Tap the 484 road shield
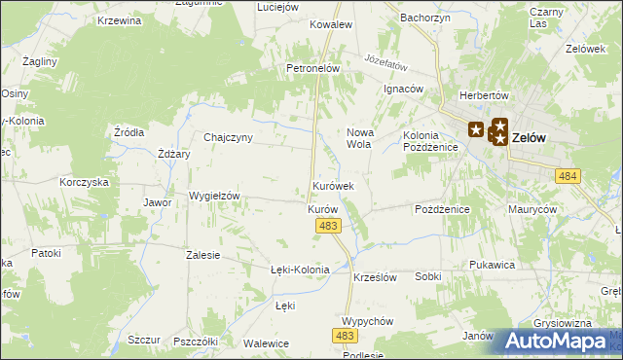click(568, 175)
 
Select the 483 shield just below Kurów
click(328, 226)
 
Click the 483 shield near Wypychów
click(344, 335)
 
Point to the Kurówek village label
click(333, 185)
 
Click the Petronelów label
click(311, 69)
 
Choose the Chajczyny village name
click(228, 137)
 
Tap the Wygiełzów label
click(214, 196)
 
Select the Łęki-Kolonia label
click(300, 270)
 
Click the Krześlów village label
click(375, 277)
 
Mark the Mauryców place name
click(531, 209)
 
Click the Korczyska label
click(83, 182)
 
